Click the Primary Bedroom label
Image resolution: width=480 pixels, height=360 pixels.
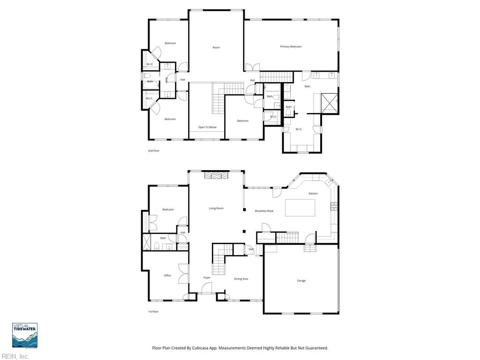(291, 46)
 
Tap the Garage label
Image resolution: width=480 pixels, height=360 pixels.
(301, 281)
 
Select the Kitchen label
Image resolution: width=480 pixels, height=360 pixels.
(313, 194)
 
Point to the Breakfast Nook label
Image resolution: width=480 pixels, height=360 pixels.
(264, 211)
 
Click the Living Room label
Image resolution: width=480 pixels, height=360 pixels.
(216, 208)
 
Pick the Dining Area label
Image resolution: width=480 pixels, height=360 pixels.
(241, 279)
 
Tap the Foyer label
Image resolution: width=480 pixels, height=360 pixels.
(207, 277)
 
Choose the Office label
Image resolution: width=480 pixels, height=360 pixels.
(167, 276)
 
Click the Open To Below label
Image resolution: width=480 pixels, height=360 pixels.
(207, 127)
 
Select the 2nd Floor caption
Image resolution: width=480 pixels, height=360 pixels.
(154, 151)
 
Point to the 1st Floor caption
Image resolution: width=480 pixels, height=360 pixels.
(154, 312)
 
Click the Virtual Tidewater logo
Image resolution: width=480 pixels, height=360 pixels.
(25, 336)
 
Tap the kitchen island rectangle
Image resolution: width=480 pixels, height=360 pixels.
(300, 208)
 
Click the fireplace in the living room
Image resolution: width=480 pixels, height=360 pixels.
(216, 175)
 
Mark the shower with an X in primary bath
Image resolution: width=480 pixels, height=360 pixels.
(330, 103)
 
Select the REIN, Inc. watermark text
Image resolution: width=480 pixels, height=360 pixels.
(15, 357)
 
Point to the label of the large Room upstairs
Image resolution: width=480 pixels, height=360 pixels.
(216, 47)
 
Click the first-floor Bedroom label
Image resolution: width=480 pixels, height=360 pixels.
(168, 210)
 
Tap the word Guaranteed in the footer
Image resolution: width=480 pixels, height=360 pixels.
(316, 348)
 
